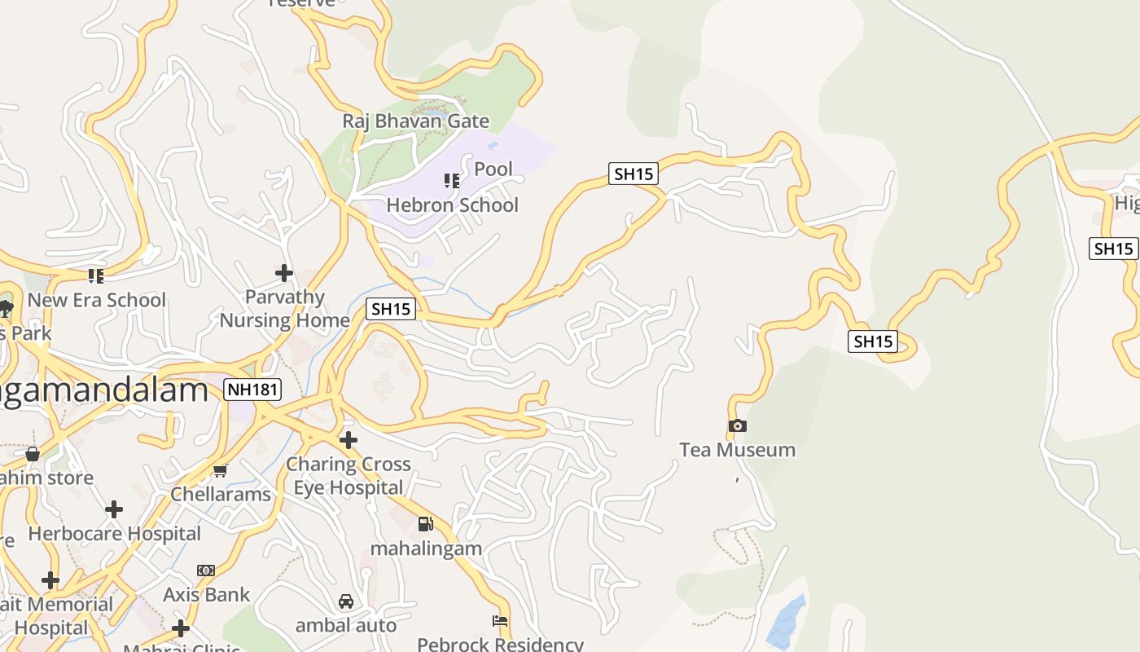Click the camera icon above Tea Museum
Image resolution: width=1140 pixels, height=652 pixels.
pyautogui.click(x=738, y=425)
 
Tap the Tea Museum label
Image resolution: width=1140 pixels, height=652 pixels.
pyautogui.click(x=738, y=450)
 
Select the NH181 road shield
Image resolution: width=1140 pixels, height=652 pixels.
pyautogui.click(x=253, y=390)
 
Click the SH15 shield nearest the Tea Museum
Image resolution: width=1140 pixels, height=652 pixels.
pyautogui.click(x=873, y=341)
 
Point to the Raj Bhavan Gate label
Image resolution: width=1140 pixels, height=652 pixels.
pyautogui.click(x=415, y=121)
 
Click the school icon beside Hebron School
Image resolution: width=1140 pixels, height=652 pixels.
pyautogui.click(x=451, y=180)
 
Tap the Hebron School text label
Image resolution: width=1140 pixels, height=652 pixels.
pyautogui.click(x=452, y=205)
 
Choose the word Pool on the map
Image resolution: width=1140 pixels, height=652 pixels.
pyautogui.click(x=493, y=169)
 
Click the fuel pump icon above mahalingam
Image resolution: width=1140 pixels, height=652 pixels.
pyautogui.click(x=425, y=524)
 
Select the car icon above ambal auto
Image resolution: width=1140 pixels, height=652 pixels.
pyautogui.click(x=346, y=601)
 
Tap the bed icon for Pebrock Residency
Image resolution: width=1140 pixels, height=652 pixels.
pyautogui.click(x=500, y=621)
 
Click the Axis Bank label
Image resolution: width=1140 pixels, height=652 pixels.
pyautogui.click(x=206, y=595)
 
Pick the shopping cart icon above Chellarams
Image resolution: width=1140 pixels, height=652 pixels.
pyautogui.click(x=220, y=470)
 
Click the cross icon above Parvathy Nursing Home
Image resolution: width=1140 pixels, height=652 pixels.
pyautogui.click(x=283, y=272)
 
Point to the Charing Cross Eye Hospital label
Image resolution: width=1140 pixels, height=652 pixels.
pyautogui.click(x=349, y=476)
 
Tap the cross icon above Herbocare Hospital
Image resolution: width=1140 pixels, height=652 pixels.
pyautogui.click(x=114, y=509)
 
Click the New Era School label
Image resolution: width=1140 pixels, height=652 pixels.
pyautogui.click(x=97, y=300)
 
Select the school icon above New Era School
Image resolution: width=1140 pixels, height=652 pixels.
pyautogui.click(x=96, y=276)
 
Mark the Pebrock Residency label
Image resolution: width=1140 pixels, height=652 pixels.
pyautogui.click(x=500, y=644)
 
